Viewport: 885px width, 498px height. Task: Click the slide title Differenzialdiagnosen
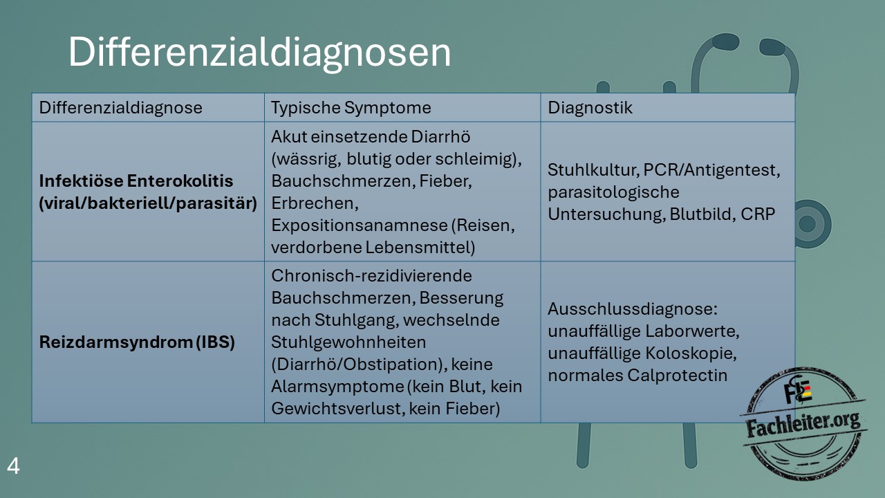259,53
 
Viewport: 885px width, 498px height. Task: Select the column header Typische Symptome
351,107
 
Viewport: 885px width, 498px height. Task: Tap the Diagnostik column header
590,107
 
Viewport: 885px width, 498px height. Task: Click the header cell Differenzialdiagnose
120,107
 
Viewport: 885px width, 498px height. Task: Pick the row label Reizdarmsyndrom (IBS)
137,342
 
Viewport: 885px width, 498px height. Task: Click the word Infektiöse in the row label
81,181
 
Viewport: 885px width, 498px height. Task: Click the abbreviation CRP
758,214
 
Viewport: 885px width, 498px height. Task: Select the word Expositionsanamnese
359,225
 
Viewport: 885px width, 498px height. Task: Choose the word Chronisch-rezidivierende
371,276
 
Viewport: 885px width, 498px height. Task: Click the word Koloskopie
689,353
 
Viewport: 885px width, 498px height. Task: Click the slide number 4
13,466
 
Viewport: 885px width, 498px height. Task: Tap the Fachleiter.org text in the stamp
803,424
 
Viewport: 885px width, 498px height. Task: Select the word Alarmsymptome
337,387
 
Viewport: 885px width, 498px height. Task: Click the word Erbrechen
315,203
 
